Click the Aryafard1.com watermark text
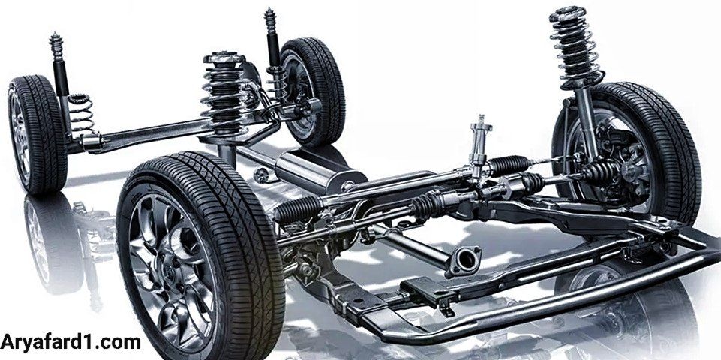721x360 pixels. [x=71, y=342]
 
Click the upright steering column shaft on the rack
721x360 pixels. [x=479, y=142]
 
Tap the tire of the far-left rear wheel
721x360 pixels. [x=36, y=134]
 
